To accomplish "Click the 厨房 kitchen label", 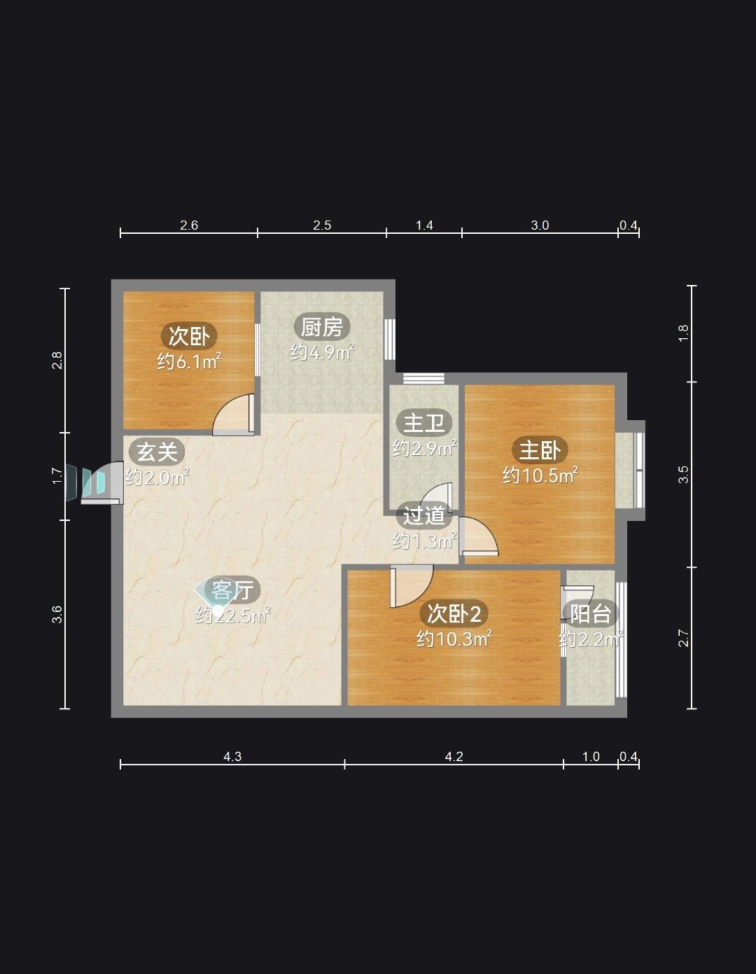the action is pyautogui.click(x=321, y=327).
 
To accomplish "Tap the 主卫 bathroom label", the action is pyautogui.click(x=423, y=423).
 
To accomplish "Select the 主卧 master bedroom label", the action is pyautogui.click(x=540, y=450).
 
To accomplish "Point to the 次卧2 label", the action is pyautogui.click(x=454, y=613).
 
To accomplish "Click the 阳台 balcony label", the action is pyautogui.click(x=590, y=613).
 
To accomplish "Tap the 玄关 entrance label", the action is pyautogui.click(x=157, y=452).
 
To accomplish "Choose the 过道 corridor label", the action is pyautogui.click(x=423, y=516).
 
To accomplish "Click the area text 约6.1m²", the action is pyautogui.click(x=189, y=361).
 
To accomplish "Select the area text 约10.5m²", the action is pyautogui.click(x=540, y=475).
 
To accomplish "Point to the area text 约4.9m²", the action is pyautogui.click(x=322, y=352).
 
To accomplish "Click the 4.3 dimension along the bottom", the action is pyautogui.click(x=232, y=757).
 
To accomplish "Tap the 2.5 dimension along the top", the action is pyautogui.click(x=322, y=225).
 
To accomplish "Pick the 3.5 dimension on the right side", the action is pyautogui.click(x=683, y=475).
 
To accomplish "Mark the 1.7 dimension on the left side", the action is pyautogui.click(x=57, y=476).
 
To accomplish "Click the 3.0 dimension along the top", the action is pyautogui.click(x=540, y=225).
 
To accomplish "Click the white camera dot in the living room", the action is pyautogui.click(x=218, y=611).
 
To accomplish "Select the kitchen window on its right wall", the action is pyautogui.click(x=390, y=339).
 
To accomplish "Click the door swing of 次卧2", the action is pyautogui.click(x=412, y=586).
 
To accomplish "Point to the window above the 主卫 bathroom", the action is pyautogui.click(x=423, y=378).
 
